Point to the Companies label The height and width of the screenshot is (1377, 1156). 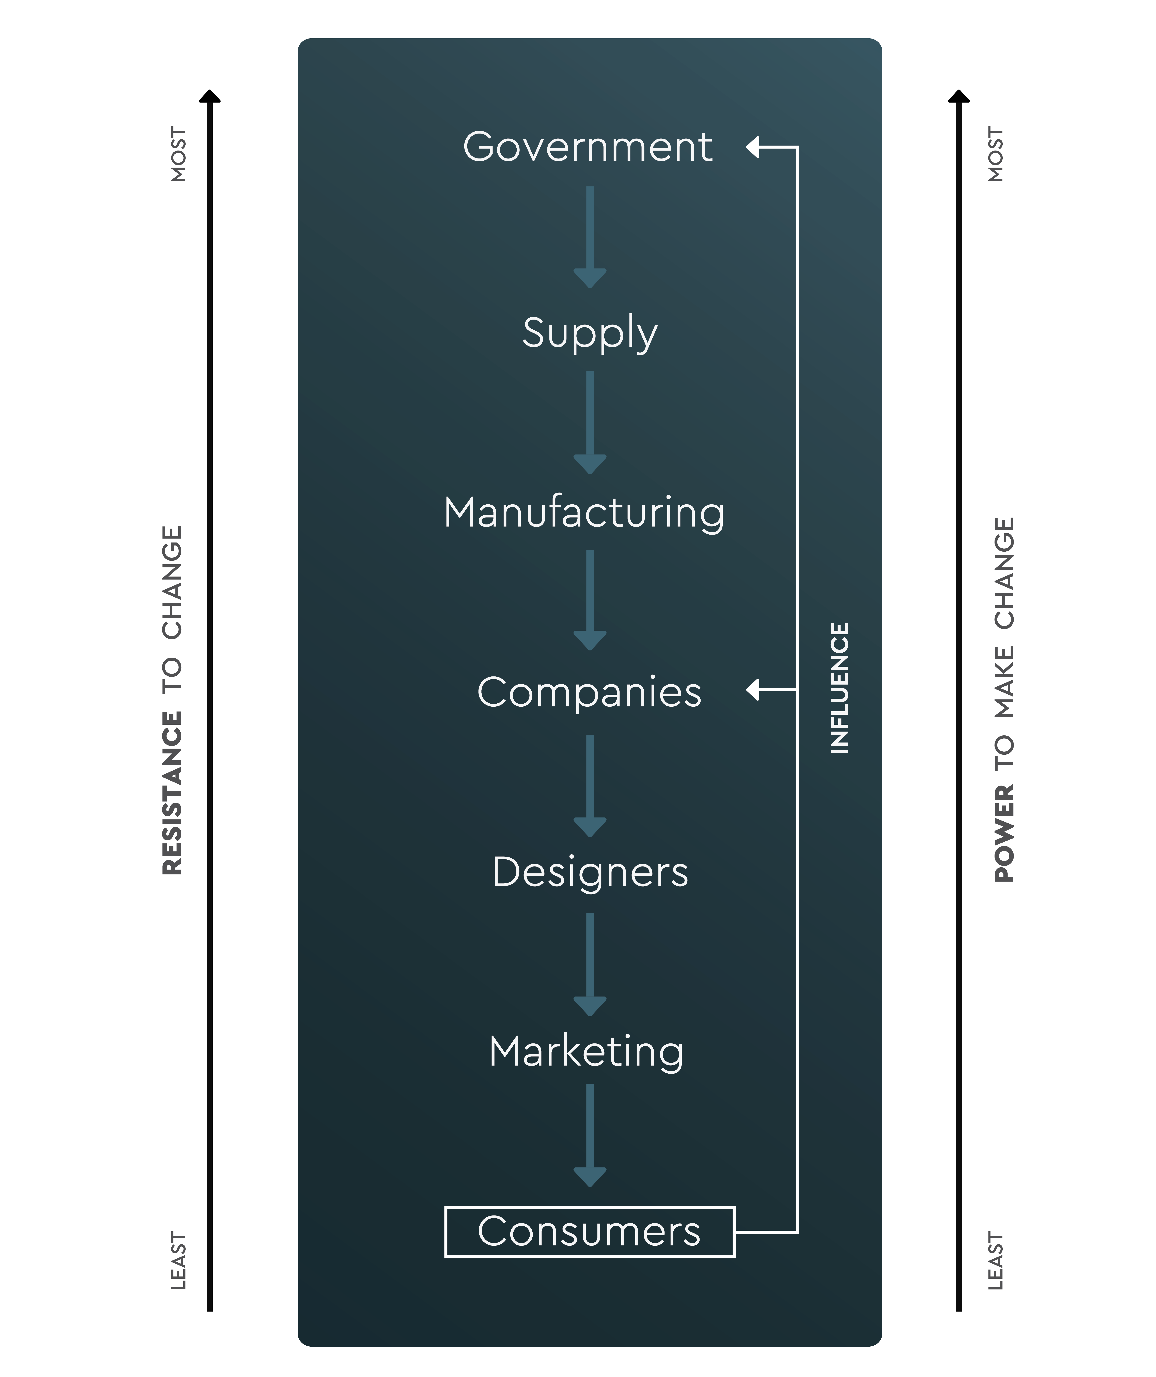tap(589, 692)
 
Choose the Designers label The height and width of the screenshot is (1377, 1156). tap(590, 872)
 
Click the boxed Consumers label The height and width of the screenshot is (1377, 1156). tap(590, 1231)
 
